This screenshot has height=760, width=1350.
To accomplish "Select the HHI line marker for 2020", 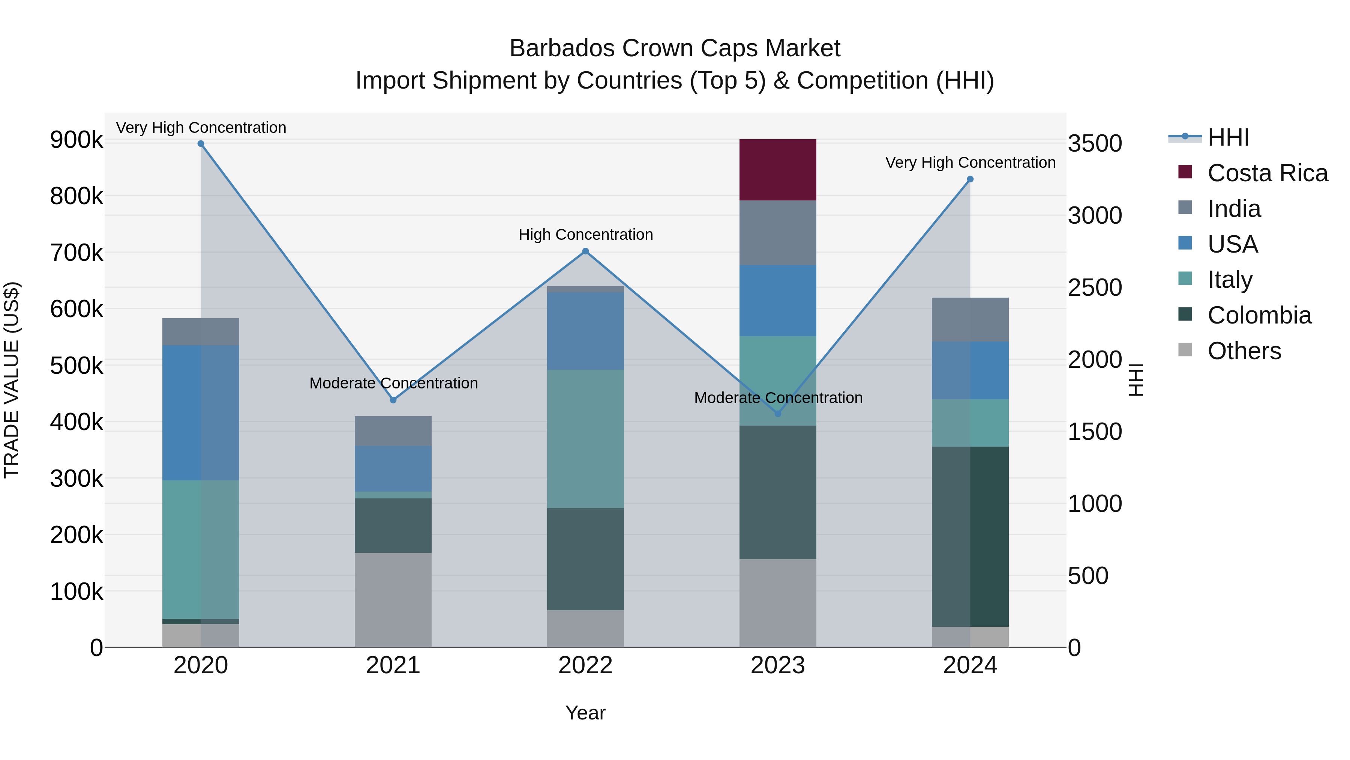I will pyautogui.click(x=201, y=144).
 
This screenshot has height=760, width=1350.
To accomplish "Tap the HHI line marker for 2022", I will pyautogui.click(x=585, y=251).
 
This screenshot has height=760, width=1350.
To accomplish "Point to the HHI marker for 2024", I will pyautogui.click(x=970, y=179).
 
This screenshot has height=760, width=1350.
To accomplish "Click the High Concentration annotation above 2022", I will pyautogui.click(x=585, y=235).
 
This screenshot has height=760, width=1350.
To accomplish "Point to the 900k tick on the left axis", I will pyautogui.click(x=76, y=140).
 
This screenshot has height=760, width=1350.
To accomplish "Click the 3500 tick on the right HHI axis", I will pyautogui.click(x=1095, y=144).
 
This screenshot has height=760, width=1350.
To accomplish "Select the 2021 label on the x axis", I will pyautogui.click(x=393, y=665).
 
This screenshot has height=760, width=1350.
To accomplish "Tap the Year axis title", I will pyautogui.click(x=585, y=713).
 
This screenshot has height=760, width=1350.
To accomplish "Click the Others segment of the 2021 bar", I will pyautogui.click(x=393, y=599).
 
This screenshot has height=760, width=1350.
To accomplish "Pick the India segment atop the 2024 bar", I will pyautogui.click(x=970, y=319).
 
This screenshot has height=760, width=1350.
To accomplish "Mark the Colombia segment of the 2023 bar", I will pyautogui.click(x=777, y=492).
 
